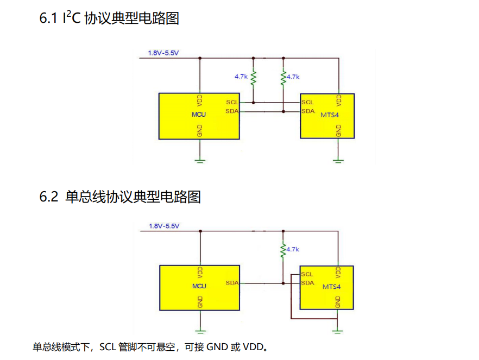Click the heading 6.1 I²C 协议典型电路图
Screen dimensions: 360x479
(x=109, y=18)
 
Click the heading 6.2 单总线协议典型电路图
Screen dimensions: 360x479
(x=120, y=197)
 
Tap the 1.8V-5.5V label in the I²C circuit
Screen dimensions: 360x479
(x=163, y=53)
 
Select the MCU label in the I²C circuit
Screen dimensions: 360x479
(x=199, y=115)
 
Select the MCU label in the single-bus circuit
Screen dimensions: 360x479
(x=199, y=286)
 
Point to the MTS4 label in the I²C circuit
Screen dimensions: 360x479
(x=329, y=115)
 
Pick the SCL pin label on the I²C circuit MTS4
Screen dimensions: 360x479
(x=307, y=102)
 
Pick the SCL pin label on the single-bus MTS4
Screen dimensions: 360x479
(x=307, y=274)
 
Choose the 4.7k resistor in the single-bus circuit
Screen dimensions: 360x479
(x=283, y=249)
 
